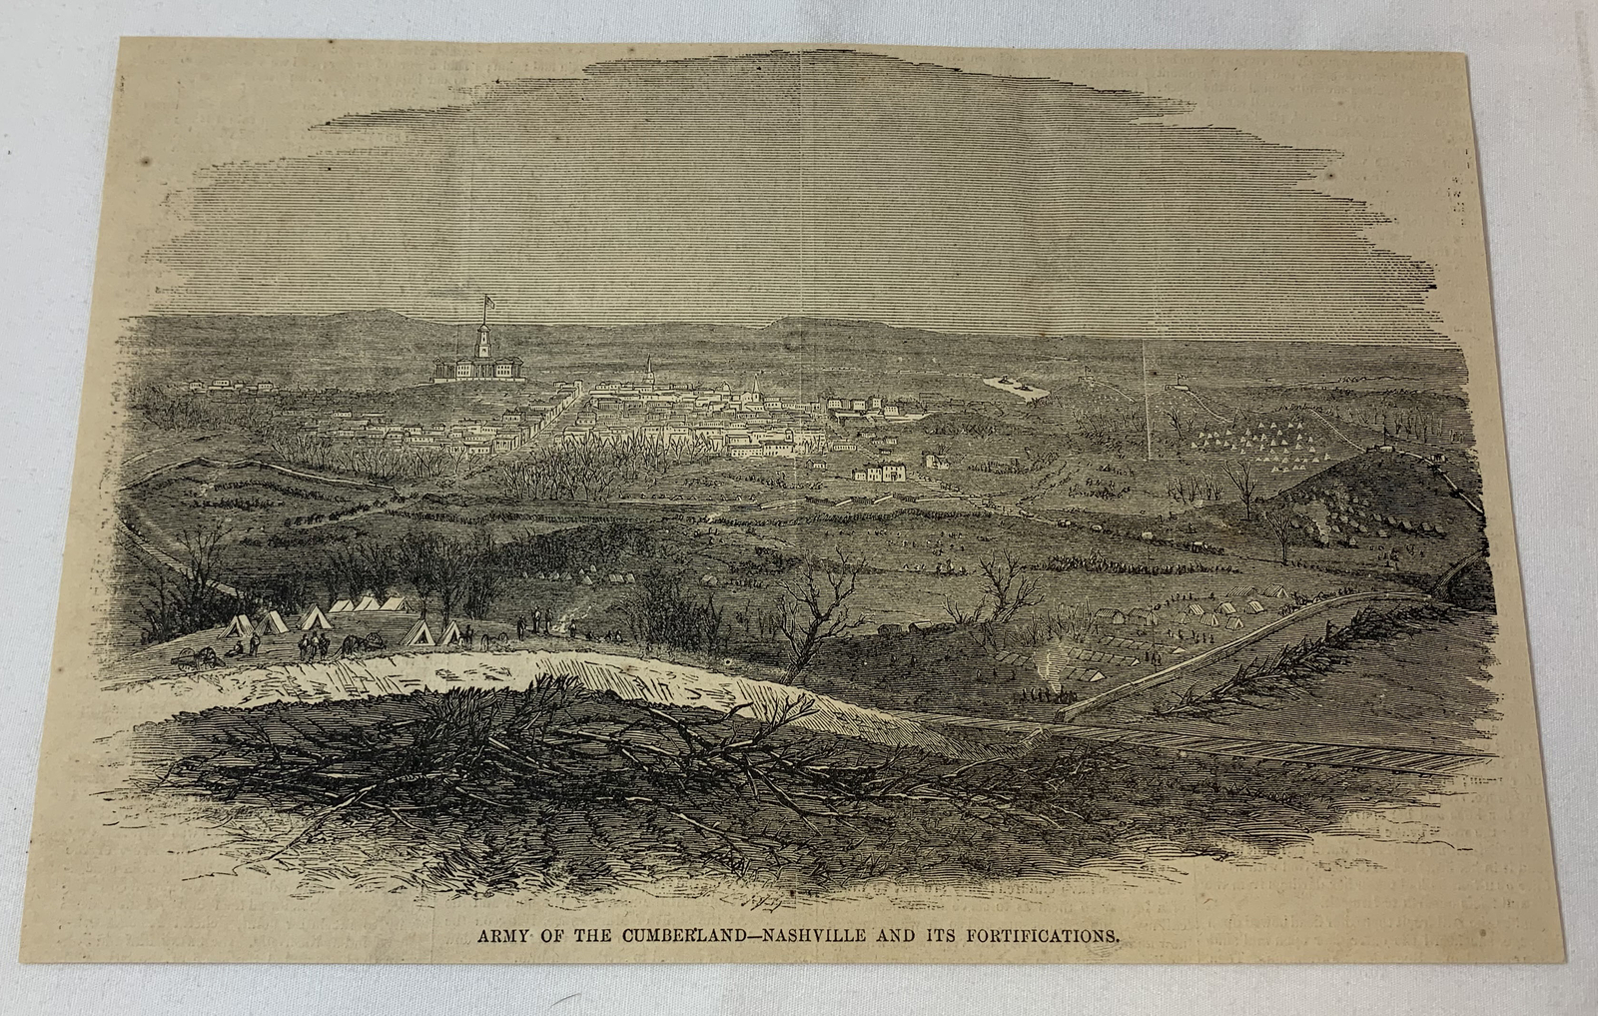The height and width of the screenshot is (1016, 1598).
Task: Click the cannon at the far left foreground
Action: click(195, 655)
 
